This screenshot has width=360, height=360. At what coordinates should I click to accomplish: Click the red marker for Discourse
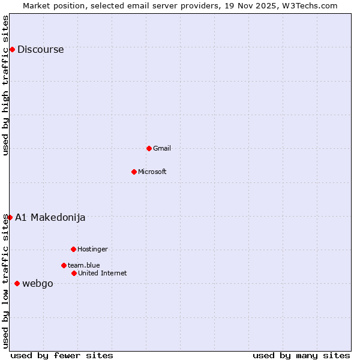[x=12, y=49]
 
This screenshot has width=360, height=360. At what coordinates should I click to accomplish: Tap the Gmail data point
[x=149, y=148]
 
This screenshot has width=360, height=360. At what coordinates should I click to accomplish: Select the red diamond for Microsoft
[x=134, y=172]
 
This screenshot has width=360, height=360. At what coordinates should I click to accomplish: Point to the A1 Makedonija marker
[x=10, y=217]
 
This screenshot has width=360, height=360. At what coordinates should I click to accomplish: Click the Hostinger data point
[x=73, y=249]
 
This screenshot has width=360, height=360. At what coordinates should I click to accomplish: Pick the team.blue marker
[x=64, y=265]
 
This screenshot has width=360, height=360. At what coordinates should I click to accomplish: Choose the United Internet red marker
[x=74, y=273]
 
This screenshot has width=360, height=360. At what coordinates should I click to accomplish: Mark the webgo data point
[x=17, y=283]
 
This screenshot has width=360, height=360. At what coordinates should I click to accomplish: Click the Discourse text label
[x=40, y=50]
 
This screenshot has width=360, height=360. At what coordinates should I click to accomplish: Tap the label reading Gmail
[x=162, y=148]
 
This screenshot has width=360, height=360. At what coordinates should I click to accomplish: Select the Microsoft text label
[x=152, y=172]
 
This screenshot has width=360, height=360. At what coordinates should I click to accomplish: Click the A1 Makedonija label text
[x=50, y=218]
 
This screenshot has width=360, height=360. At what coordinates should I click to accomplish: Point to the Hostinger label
[x=92, y=249]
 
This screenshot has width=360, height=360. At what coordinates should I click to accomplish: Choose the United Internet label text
[x=102, y=273]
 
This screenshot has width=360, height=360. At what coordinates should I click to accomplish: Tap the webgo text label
[x=37, y=284]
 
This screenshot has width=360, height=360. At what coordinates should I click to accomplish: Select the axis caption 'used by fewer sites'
[x=62, y=355]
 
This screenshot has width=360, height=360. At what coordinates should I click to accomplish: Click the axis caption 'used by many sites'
[x=301, y=355]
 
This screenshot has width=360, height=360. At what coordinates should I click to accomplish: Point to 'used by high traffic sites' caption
[x=5, y=85]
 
